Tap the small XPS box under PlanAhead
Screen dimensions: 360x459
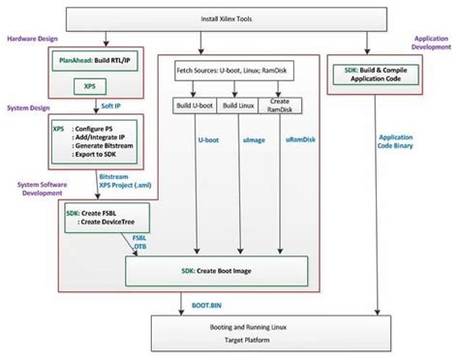pos(88,86)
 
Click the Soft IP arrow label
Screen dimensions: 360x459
pos(113,105)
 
